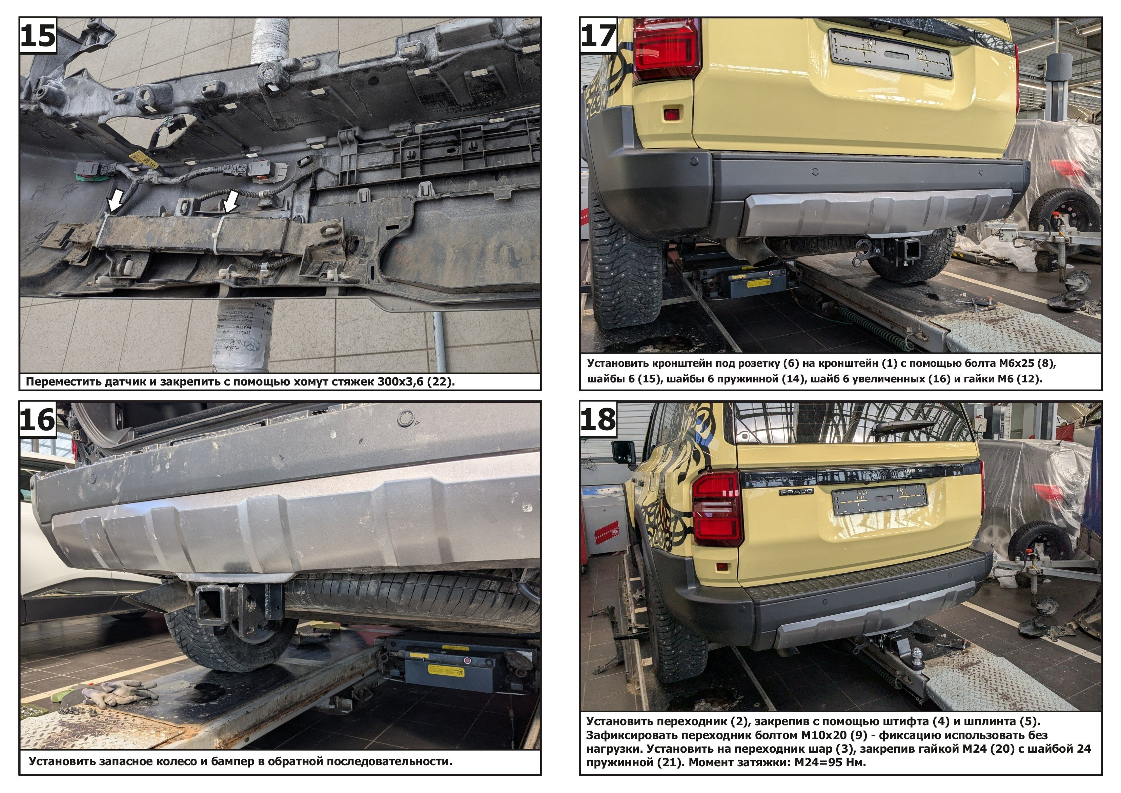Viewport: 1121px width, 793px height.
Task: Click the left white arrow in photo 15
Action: [x=115, y=200]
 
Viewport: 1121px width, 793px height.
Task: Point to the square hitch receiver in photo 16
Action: [x=211, y=606]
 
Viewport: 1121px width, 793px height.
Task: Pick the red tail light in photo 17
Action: [x=667, y=47]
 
